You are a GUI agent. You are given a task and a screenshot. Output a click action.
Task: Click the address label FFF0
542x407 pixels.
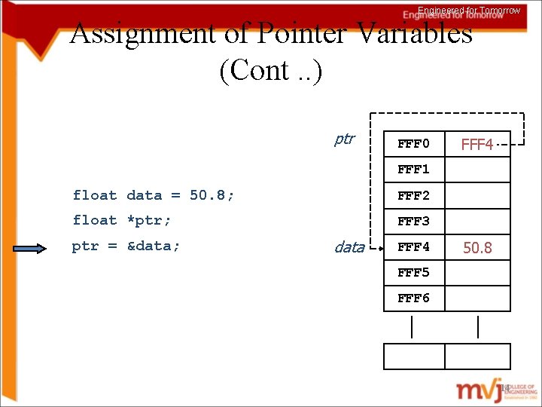click(413, 143)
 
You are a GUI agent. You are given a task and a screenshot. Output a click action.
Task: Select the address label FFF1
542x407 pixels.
click(413, 169)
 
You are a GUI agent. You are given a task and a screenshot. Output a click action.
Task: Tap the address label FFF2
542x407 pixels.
click(413, 195)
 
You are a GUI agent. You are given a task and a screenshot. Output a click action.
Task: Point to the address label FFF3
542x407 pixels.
click(413, 221)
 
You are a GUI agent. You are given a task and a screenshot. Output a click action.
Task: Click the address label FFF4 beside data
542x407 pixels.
click(413, 246)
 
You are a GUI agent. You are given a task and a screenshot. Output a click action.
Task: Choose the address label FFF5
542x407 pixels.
click(413, 272)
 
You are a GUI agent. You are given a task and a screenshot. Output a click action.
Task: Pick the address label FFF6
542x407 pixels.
click(413, 298)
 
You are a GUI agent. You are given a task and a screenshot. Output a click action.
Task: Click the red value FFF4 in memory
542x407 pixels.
click(477, 144)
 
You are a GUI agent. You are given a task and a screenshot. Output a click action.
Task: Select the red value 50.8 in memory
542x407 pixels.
click(477, 247)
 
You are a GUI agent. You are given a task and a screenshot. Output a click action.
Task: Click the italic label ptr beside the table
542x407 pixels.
click(344, 139)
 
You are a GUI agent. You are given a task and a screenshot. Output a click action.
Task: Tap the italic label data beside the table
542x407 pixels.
click(349, 247)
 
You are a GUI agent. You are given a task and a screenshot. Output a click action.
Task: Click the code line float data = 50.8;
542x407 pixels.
click(154, 195)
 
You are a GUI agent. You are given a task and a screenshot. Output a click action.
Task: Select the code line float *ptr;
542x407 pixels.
click(122, 220)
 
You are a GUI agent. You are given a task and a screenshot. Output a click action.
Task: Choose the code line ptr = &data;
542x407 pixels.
click(126, 246)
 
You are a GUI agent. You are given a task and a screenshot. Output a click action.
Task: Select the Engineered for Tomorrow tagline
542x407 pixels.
click(469, 11)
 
